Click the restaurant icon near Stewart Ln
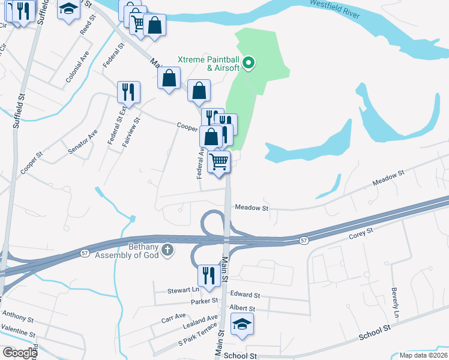209,275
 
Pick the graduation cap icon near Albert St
242,324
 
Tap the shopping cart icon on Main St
219,161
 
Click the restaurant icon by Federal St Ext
128,92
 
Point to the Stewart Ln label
178,290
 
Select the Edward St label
245,295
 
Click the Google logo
20,353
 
